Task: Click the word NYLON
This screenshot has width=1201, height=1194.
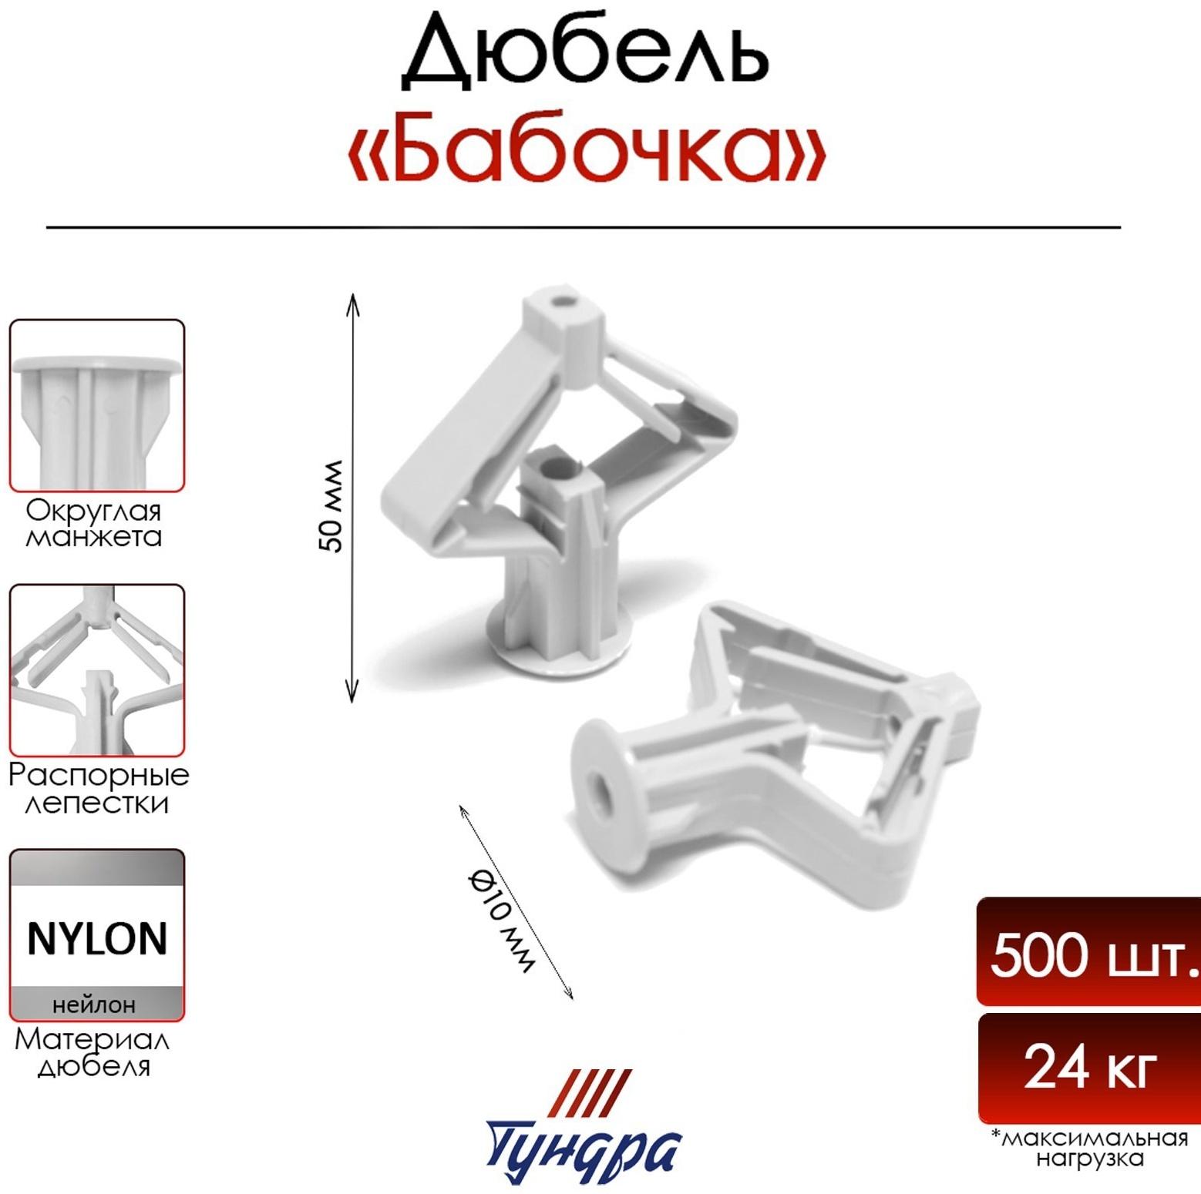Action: point(97,939)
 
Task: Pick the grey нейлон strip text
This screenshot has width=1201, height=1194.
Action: point(94,1005)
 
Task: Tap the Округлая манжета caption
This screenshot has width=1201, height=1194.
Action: point(94,523)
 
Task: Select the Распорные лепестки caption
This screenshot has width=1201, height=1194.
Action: point(98,788)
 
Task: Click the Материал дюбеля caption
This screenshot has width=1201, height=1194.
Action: point(93,1053)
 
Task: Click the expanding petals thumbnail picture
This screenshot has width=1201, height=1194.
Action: point(97,669)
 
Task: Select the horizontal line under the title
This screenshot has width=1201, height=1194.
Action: point(584,227)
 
